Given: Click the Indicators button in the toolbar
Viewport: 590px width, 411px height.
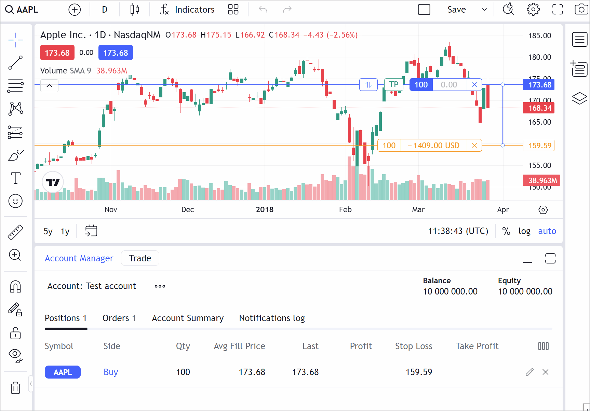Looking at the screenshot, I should pos(187,10).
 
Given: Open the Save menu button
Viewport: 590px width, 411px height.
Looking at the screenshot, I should pos(456,10).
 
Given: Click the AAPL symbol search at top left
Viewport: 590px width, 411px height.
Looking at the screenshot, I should pos(22,10).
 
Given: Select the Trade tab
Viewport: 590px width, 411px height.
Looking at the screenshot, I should pos(140,258).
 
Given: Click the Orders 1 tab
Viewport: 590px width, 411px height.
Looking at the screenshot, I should pos(119,318).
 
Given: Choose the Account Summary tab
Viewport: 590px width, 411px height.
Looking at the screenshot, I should pos(188,318).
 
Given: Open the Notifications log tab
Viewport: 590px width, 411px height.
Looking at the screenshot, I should pos(272,318).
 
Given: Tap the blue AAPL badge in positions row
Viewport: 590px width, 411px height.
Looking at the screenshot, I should pos(63,372).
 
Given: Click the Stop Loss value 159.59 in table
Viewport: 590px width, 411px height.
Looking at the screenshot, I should pos(419,372).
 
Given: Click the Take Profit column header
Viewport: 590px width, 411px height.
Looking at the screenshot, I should pos(477,346).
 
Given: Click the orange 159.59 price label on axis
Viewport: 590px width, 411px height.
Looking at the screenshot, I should pos(539,146).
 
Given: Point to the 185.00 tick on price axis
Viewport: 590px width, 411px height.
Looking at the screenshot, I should pos(539,36).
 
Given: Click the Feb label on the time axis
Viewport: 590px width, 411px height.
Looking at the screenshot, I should pos(345,209).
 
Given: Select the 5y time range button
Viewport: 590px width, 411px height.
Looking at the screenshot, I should pos(48,231).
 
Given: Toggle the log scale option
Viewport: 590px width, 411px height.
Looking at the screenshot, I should pos(524,231).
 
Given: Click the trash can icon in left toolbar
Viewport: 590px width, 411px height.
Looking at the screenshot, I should pos(15,387).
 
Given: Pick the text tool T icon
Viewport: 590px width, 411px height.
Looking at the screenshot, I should pos(15,178).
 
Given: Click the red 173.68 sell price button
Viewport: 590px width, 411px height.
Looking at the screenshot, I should pos(57,53).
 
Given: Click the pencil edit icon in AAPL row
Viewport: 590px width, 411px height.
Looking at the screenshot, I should pos(529,372).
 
